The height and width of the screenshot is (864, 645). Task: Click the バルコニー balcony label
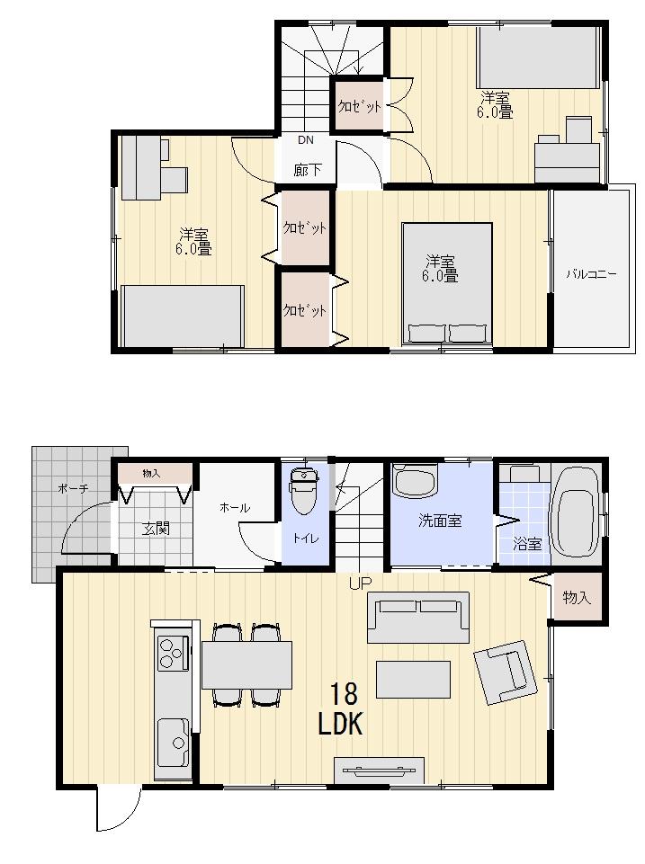(591, 274)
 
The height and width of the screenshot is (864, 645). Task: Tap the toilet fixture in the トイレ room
(303, 494)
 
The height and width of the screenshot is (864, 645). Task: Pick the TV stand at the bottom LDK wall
(379, 771)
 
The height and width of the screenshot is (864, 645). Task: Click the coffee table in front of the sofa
(413, 679)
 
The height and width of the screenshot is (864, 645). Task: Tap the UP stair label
(361, 583)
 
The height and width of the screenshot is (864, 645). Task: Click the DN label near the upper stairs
(306, 140)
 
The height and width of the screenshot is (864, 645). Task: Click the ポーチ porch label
(72, 488)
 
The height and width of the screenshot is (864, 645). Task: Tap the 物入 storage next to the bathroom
(576, 597)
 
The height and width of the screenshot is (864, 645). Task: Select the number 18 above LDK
(344, 693)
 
